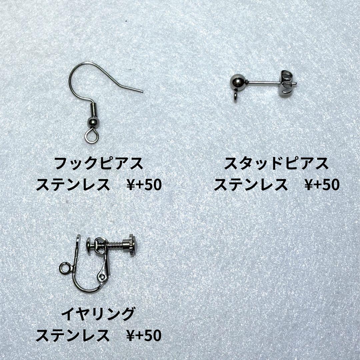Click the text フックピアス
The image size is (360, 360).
(99, 164)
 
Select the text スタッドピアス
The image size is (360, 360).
(276, 163)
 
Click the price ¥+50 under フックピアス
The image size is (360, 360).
(144, 185)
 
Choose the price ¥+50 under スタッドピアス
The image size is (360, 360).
(322, 185)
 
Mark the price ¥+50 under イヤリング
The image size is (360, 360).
(144, 336)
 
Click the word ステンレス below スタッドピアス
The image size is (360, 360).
(251, 185)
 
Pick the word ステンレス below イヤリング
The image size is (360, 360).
(73, 336)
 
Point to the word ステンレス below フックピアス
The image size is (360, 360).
(73, 185)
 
